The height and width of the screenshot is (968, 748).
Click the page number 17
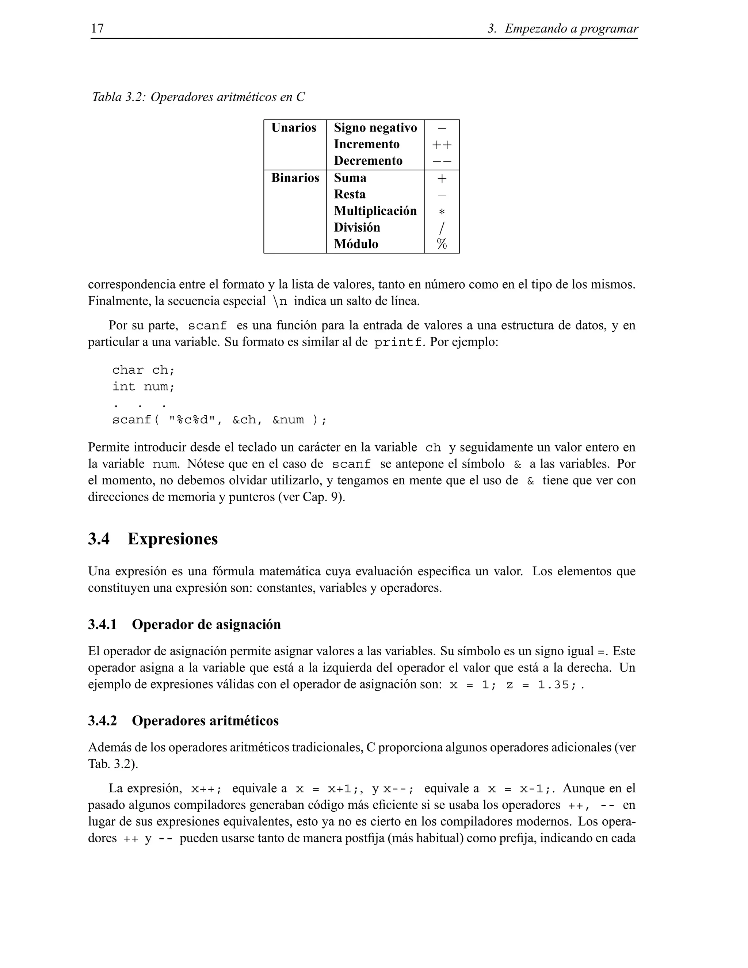tap(97, 28)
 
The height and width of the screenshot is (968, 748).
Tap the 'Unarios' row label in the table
tap(293, 127)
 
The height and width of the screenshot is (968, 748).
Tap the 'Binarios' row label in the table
tap(295, 178)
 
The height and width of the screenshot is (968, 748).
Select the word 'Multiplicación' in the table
tap(375, 210)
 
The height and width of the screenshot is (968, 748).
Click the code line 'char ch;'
tap(144, 370)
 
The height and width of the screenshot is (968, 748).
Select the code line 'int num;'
tap(144, 386)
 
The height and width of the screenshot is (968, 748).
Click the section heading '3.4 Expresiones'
tap(153, 538)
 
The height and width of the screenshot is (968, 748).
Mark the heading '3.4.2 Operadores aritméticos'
tap(183, 720)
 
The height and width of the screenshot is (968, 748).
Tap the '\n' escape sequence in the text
tap(280, 301)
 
